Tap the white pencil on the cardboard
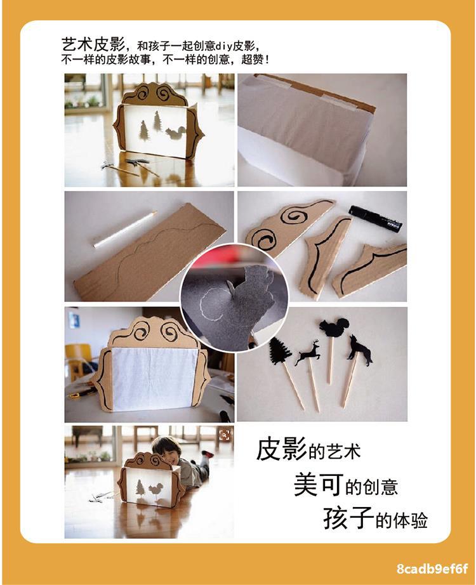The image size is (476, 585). coord(125,229)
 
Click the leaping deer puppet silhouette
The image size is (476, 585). coord(307,353)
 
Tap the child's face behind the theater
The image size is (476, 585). coord(166,448)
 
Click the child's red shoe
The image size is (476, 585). coord(207,454)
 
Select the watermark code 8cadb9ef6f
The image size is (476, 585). coord(432,569)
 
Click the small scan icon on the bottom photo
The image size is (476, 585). coord(224,435)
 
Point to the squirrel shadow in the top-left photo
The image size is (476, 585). coord(175,132)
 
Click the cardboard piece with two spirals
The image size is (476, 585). coord(289,226)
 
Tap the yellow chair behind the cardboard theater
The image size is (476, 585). coord(79,359)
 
